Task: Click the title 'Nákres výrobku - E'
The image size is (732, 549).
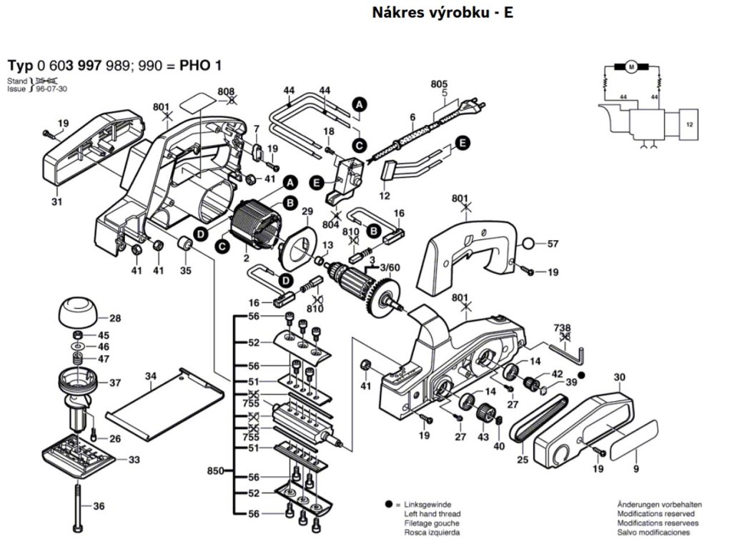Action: click(442, 12)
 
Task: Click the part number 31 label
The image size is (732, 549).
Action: click(56, 202)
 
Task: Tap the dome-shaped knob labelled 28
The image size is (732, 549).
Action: click(78, 312)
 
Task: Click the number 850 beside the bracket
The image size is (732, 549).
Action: click(214, 470)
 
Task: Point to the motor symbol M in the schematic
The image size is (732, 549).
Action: click(630, 68)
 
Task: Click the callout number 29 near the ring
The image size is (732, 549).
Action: click(307, 212)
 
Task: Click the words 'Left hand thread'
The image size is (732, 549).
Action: click(432, 514)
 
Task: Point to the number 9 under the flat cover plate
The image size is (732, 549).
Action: click(635, 470)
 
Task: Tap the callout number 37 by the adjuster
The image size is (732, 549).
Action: click(114, 383)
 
